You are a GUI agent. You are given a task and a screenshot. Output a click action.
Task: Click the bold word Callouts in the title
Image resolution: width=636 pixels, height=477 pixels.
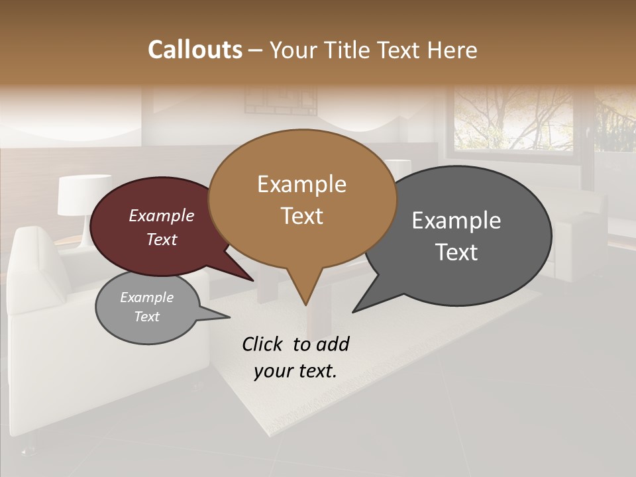click(195, 50)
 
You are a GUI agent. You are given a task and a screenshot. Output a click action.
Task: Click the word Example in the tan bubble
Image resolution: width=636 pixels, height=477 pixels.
click(301, 184)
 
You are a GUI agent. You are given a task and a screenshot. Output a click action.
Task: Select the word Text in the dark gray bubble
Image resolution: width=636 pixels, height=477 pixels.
click(456, 252)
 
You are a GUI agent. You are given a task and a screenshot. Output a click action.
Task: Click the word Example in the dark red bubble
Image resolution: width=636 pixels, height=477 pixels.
click(162, 215)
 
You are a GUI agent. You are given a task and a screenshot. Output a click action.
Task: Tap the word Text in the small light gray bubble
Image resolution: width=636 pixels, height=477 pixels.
click(147, 317)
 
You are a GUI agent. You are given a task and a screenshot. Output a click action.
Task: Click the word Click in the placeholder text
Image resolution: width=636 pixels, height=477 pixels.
click(264, 344)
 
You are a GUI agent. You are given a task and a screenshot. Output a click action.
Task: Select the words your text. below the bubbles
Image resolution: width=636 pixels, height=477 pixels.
click(295, 371)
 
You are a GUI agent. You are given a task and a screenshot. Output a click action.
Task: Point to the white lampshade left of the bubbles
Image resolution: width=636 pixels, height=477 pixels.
click(84, 195)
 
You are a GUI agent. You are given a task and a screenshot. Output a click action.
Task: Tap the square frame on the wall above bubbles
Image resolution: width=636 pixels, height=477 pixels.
click(270, 101)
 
